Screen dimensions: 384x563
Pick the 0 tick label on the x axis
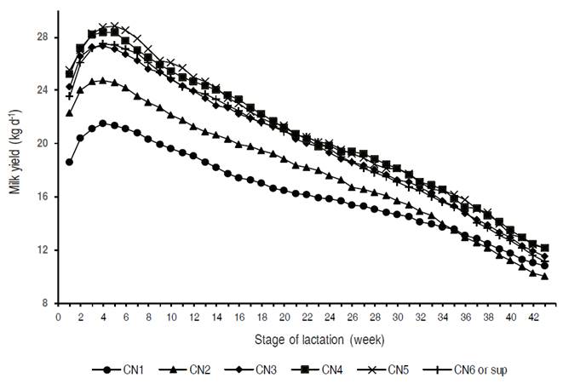click(58, 316)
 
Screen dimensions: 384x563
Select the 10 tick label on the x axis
click(171, 316)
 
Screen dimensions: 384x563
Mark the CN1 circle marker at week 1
click(69, 162)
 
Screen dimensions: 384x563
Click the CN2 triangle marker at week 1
click(69, 112)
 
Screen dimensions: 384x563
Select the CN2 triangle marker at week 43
click(544, 276)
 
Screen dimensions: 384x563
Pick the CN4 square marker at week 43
click(544, 248)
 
